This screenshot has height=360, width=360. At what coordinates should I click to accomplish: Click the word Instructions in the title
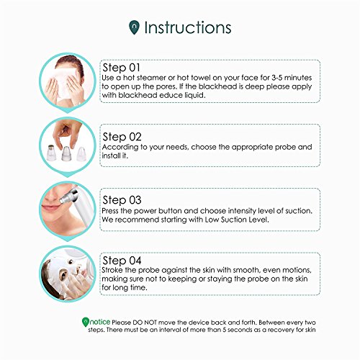pyautogui.click(x=187, y=27)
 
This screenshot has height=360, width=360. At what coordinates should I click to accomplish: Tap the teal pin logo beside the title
pyautogui.click(x=134, y=27)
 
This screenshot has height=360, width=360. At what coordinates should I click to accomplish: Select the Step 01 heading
pyautogui.click(x=121, y=68)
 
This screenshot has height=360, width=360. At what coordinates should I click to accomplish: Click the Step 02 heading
pyautogui.click(x=122, y=137)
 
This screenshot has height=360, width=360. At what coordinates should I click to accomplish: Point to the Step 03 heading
pyautogui.click(x=122, y=200)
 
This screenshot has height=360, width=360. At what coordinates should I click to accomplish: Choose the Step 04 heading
pyautogui.click(x=122, y=261)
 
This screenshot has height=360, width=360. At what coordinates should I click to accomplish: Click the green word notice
pyautogui.click(x=100, y=322)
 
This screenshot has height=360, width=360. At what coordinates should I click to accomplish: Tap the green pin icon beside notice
pyautogui.click(x=85, y=322)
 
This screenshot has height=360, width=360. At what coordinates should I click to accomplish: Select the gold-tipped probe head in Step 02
pyautogui.click(x=51, y=152)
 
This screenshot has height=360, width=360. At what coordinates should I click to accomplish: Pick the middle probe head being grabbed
pyautogui.click(x=66, y=153)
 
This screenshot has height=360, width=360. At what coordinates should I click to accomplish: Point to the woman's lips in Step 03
pyautogui.click(x=49, y=207)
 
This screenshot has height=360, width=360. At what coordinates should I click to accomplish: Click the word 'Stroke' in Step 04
pyautogui.click(x=112, y=270)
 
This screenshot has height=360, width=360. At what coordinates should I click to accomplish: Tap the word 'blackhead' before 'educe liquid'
pyautogui.click(x=138, y=95)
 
